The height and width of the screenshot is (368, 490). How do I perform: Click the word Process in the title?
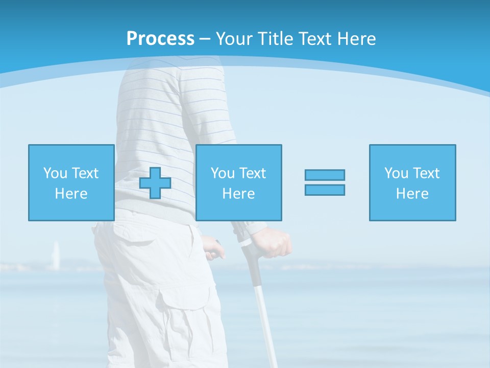[x=160, y=39]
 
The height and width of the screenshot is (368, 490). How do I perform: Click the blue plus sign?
[x=155, y=183]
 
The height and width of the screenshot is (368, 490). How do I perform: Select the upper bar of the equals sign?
[x=325, y=175]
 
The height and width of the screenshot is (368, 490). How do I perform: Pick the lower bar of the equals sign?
[x=325, y=190]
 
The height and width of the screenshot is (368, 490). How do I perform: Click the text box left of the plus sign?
[x=71, y=182]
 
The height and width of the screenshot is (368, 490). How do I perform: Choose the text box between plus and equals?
[x=238, y=182]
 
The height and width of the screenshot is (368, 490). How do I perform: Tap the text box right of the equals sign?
[x=412, y=182]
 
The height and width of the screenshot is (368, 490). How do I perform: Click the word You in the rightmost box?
[x=396, y=173]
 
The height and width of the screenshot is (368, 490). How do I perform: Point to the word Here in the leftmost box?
[x=71, y=194]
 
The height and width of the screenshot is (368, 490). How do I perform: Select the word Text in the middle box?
[x=253, y=173]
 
